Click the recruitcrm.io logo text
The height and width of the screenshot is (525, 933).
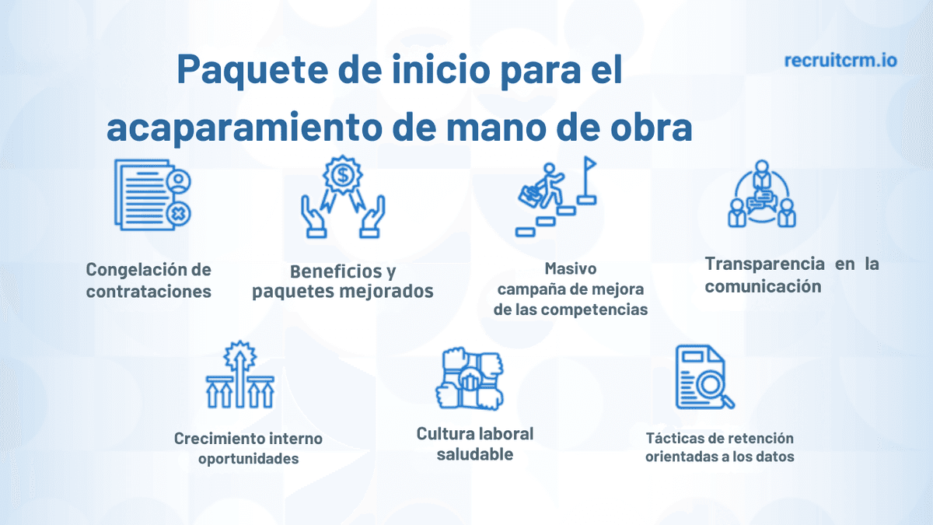pos(840,60)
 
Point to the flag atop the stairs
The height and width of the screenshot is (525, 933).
pos(589,166)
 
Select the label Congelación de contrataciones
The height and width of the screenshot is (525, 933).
pos(149,281)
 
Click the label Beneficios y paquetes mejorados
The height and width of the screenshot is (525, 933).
pos(343,282)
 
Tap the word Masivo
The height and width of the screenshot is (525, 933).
pos(571,269)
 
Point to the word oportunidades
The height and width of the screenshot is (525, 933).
pos(248,458)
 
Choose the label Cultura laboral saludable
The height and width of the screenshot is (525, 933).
pos(475,443)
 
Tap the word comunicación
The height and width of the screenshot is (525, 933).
pos(763,286)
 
